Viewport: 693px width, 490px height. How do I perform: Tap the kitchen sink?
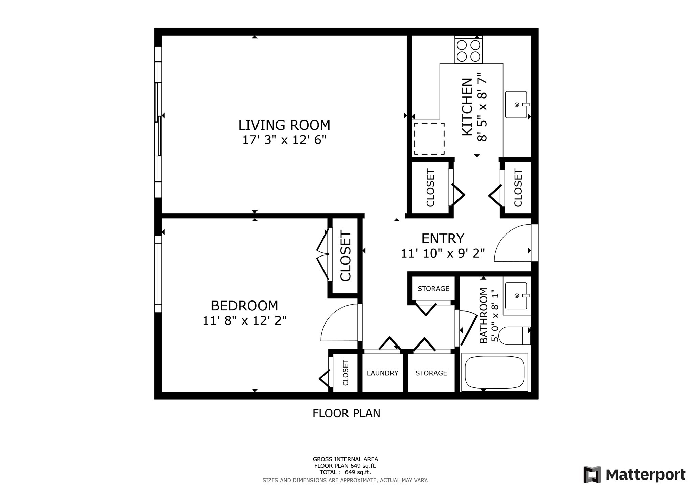516,105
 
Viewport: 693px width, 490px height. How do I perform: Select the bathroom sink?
516,296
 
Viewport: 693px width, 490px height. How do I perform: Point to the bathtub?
494,372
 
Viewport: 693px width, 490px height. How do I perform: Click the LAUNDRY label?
382,373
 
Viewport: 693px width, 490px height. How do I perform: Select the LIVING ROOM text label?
284,125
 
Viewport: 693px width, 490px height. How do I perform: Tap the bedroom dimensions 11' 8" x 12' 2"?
244,320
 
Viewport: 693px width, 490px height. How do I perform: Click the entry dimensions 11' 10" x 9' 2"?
443,253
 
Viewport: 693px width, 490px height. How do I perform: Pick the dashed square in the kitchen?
429,138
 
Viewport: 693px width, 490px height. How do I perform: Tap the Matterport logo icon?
592,474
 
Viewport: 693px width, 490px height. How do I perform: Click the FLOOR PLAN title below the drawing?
346,413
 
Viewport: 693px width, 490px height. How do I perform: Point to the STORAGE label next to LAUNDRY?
431,373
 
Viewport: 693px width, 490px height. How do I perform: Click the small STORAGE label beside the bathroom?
433,289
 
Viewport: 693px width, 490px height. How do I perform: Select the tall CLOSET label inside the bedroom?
345,256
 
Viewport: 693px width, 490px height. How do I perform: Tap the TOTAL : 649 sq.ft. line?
345,472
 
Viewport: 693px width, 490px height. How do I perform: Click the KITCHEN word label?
467,107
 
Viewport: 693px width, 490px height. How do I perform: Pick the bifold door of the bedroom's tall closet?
322,255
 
